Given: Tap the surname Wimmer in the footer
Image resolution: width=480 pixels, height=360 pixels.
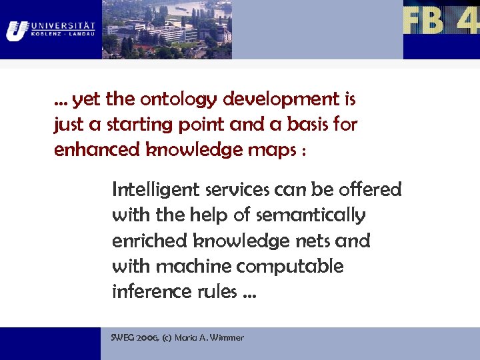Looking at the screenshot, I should (x=227, y=338).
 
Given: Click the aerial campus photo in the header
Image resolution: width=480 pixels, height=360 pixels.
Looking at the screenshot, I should (x=167, y=29).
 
